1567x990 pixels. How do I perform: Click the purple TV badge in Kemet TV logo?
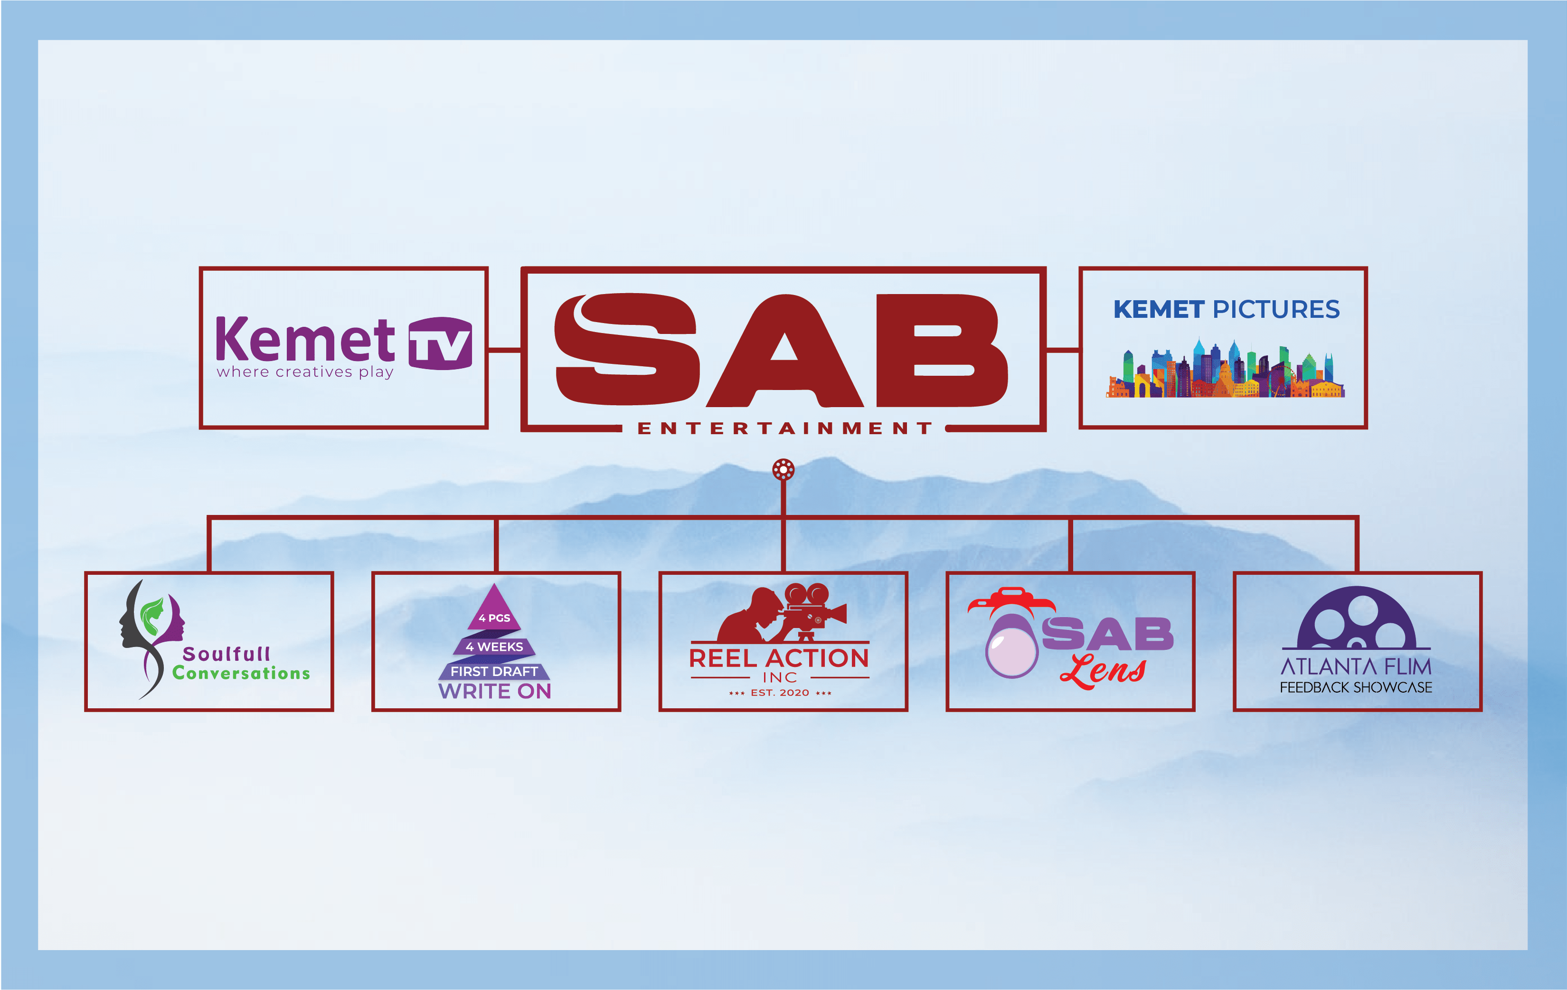click(x=440, y=343)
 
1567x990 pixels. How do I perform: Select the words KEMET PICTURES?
click(x=1226, y=309)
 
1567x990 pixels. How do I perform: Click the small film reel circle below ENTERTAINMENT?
click(x=783, y=469)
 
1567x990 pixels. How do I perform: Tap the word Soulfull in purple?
click(x=227, y=654)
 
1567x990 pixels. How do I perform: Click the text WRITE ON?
click(x=495, y=691)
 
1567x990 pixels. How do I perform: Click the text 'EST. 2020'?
click(x=780, y=693)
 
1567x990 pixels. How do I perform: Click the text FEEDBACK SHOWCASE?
click(x=1356, y=687)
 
